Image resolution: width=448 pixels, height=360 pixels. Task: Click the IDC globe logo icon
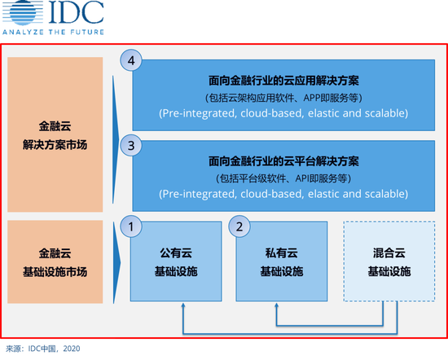pos(23,12)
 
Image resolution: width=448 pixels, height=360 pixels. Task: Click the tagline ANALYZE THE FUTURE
pos(53,32)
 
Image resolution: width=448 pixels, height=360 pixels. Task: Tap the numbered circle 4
pos(131,60)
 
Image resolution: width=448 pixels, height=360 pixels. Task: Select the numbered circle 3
pos(131,146)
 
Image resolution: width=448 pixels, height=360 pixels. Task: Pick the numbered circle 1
pos(131,226)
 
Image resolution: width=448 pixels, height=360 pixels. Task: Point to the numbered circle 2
pos(239,226)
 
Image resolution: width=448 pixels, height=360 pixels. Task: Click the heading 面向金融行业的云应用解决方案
pos(283,81)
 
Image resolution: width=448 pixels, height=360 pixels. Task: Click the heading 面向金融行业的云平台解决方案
pos(283,161)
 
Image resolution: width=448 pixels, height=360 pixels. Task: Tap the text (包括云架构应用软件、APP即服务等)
pos(283,98)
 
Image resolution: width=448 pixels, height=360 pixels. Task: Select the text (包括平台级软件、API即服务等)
pos(283,178)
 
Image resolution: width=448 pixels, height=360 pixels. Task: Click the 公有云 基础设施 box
pos(176,261)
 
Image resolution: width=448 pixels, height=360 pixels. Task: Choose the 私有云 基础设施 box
pos(282,261)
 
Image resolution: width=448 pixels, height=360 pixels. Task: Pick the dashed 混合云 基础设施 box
pos(389,261)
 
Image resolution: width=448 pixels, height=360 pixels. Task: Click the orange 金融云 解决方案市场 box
pos(55,134)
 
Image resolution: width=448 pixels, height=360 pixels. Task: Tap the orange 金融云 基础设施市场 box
pos(55,261)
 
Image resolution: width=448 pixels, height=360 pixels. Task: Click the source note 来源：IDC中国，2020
pos(43,349)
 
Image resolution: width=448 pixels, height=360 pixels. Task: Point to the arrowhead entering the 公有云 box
pos(183,305)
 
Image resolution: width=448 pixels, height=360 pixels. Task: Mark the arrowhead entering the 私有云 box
pos(276,305)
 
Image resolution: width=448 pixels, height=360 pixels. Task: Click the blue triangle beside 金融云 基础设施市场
pos(116,262)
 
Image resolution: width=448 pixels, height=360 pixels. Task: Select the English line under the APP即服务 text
pos(283,113)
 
